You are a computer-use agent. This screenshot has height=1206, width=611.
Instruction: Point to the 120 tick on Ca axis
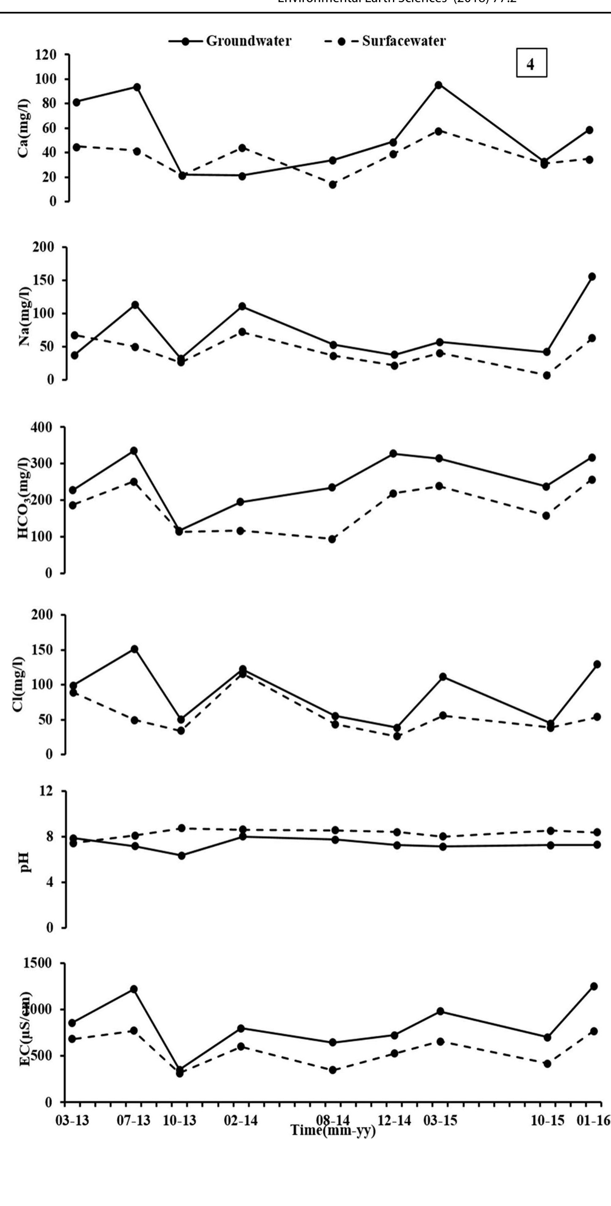point(46,55)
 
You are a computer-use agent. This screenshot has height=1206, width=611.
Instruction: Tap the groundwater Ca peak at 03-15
point(439,85)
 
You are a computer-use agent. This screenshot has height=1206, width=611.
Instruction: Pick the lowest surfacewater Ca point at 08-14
point(333,185)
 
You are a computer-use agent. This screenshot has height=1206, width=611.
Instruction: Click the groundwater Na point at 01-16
point(592,277)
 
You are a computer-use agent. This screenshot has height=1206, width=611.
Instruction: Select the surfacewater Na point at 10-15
point(546,376)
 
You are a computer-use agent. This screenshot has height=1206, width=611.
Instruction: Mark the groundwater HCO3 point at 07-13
point(134,451)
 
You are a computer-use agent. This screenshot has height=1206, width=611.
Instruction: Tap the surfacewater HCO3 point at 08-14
point(332,539)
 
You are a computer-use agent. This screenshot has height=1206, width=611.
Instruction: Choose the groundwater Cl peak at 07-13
point(134,649)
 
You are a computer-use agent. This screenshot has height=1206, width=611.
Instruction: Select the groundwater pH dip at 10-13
point(181,856)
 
